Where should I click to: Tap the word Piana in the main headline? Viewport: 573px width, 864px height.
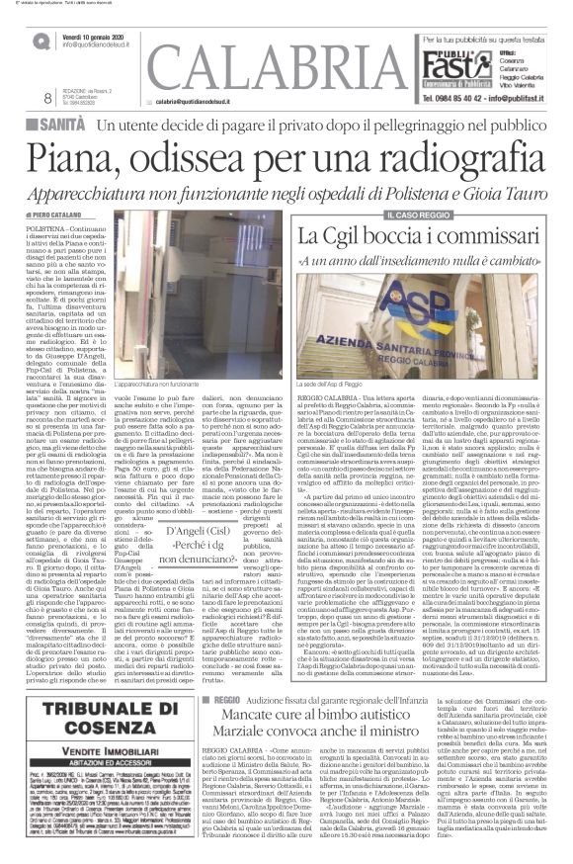(90, 161)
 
